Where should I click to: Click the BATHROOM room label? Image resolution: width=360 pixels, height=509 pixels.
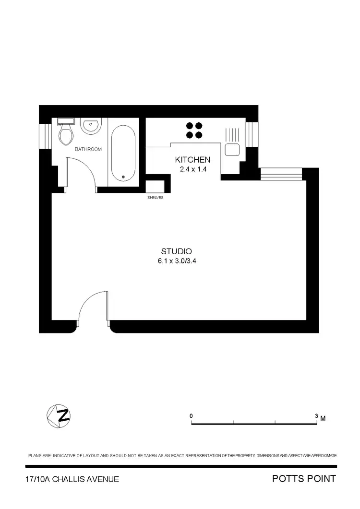pyautogui.click(x=88, y=149)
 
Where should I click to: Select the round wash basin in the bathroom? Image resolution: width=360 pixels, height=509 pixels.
pyautogui.click(x=90, y=126)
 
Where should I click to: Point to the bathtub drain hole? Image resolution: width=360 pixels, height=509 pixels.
pyautogui.click(x=123, y=177)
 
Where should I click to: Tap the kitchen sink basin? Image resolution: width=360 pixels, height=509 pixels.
pyautogui.click(x=232, y=149)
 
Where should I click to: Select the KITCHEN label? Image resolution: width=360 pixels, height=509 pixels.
pyautogui.click(x=192, y=160)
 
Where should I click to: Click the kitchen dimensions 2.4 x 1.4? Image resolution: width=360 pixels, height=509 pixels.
pyautogui.click(x=192, y=169)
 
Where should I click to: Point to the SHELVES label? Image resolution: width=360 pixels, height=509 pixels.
pyautogui.click(x=155, y=197)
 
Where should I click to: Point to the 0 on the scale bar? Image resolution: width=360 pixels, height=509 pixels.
pyautogui.click(x=191, y=415)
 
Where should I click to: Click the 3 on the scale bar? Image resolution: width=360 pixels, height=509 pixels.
pyautogui.click(x=316, y=415)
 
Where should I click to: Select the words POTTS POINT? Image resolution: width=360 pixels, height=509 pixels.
pyautogui.click(x=304, y=479)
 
